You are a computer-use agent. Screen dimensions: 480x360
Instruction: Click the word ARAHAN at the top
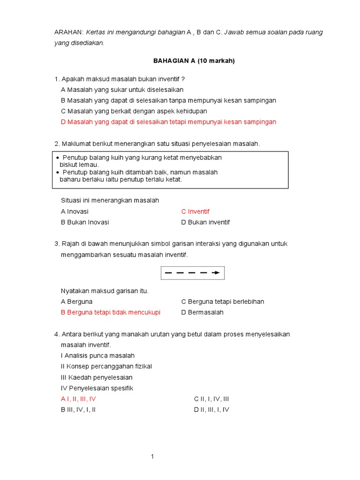coord(69,32)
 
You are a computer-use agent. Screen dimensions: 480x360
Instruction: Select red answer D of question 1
coord(168,122)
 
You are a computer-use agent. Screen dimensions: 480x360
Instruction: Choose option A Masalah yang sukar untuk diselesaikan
coord(122,90)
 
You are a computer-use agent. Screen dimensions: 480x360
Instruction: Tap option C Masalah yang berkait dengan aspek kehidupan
coord(134,111)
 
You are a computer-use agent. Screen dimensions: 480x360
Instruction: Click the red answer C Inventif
coord(195,211)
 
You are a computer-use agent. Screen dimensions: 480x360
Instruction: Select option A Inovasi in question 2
coord(75,211)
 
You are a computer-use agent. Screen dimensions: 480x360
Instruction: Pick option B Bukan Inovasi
coord(85,222)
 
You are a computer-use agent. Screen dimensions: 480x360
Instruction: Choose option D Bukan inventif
coord(205,222)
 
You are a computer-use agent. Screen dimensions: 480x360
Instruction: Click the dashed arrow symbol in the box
coord(192,272)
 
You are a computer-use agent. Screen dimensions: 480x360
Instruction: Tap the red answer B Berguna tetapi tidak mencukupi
coord(111,312)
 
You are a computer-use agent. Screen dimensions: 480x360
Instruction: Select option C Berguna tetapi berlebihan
coord(223,301)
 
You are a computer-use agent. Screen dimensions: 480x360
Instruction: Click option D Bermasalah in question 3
coord(202,312)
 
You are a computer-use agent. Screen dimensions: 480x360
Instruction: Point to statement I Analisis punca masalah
coord(97,355)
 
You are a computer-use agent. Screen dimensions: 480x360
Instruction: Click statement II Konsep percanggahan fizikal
coord(106,366)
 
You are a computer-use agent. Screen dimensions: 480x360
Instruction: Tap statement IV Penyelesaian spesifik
coord(97,388)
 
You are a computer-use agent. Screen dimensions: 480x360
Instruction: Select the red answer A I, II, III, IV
coord(78,399)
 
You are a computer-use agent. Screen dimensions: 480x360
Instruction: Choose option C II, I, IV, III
coord(211,399)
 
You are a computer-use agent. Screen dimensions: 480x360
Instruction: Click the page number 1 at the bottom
coord(152,457)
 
